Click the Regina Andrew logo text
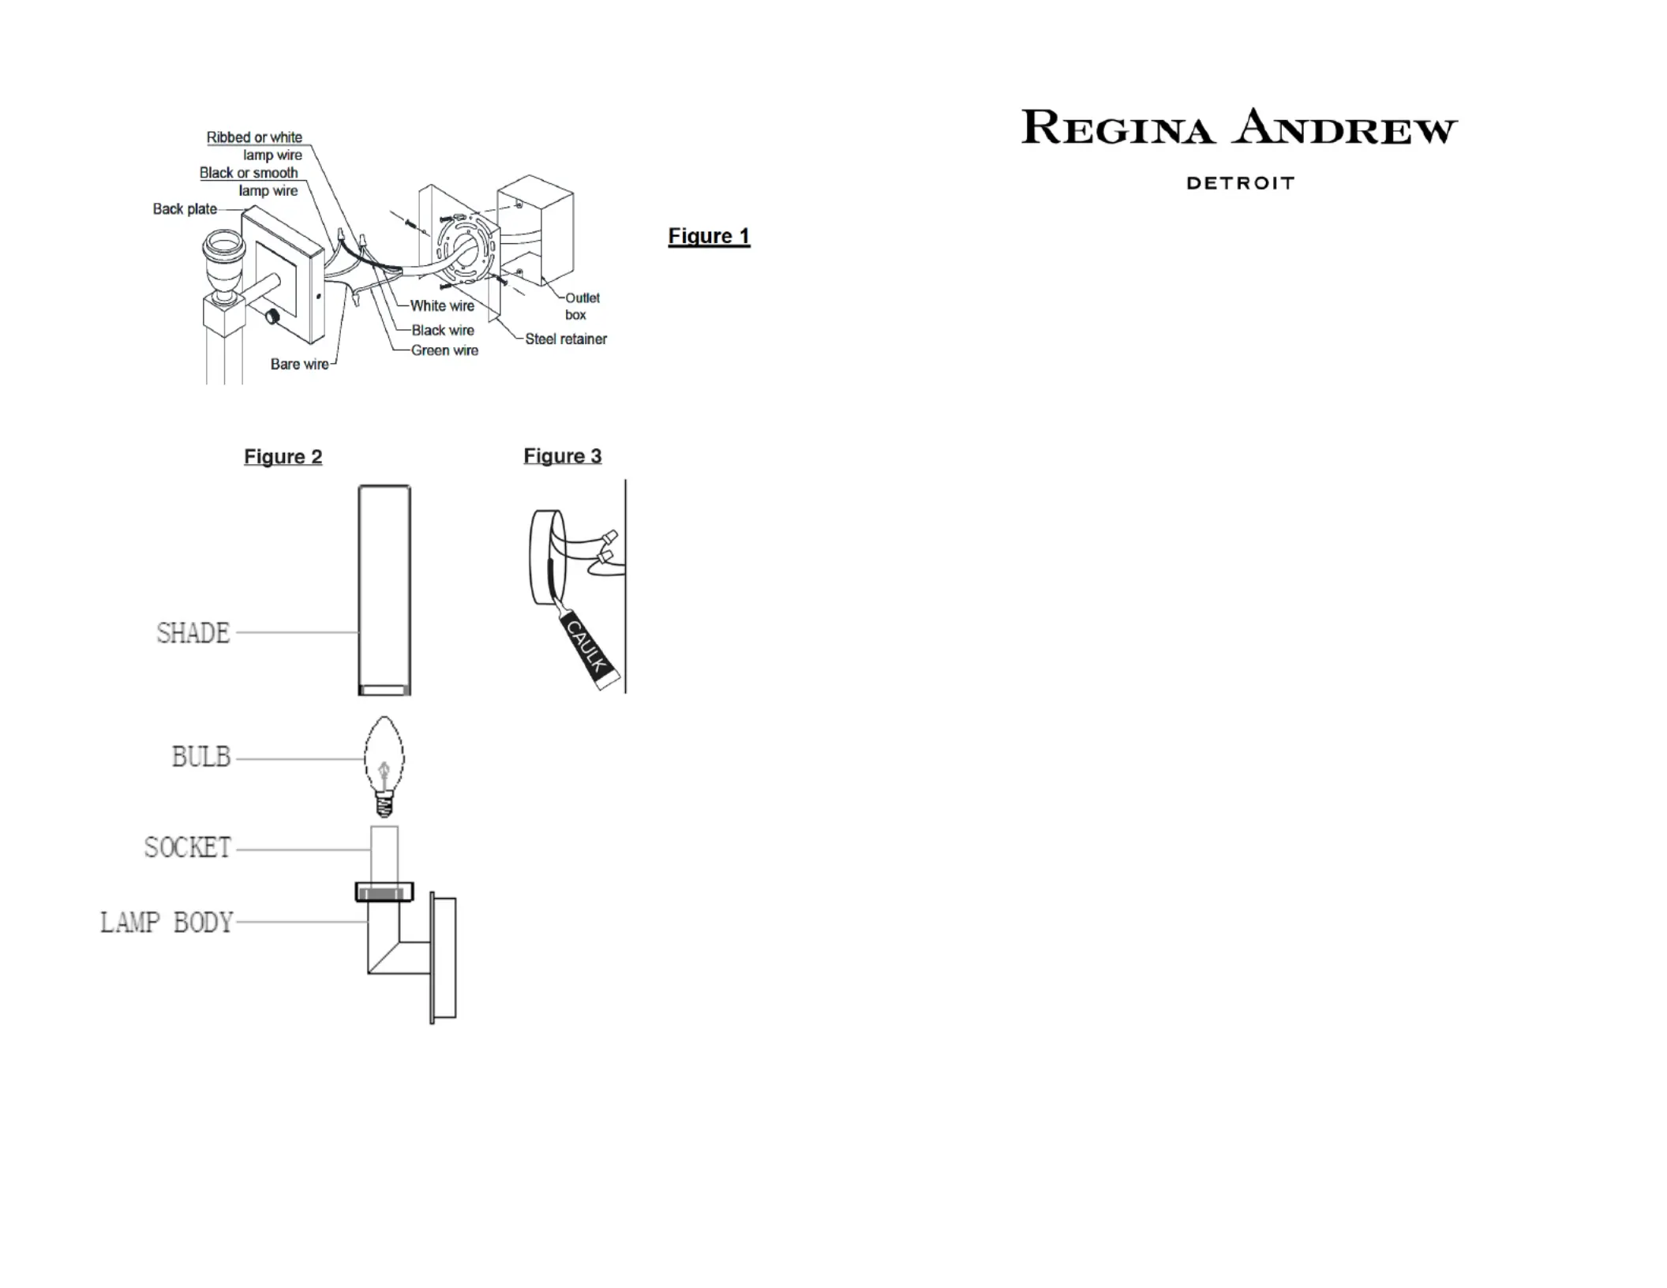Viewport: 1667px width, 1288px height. pyautogui.click(x=1239, y=128)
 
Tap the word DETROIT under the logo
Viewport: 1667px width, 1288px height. pyautogui.click(x=1240, y=183)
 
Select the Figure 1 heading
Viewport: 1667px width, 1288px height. pyautogui.click(x=709, y=236)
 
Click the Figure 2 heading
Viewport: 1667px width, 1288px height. pyautogui.click(x=283, y=457)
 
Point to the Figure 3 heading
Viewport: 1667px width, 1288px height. pyautogui.click(x=563, y=456)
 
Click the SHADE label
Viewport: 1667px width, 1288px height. pyautogui.click(x=193, y=633)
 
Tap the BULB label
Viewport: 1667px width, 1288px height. pyautogui.click(x=201, y=757)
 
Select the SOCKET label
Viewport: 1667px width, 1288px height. pyautogui.click(x=188, y=848)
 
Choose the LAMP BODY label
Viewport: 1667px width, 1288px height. pyautogui.click(x=167, y=923)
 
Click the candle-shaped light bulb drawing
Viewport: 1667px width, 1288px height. pyautogui.click(x=384, y=766)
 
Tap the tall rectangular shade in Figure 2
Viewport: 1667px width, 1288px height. pyautogui.click(x=384, y=590)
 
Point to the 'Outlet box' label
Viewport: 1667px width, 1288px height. pyautogui.click(x=582, y=306)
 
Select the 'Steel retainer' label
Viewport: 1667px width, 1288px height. pyautogui.click(x=566, y=339)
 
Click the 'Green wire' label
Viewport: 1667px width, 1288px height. pyautogui.click(x=444, y=350)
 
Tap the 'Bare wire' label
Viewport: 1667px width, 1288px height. pyautogui.click(x=300, y=364)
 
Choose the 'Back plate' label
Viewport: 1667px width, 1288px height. pyautogui.click(x=185, y=209)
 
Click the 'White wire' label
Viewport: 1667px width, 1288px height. pyautogui.click(x=442, y=306)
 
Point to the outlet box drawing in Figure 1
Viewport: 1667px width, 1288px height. pyautogui.click(x=535, y=230)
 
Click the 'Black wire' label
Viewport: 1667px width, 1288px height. pyautogui.click(x=443, y=331)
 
